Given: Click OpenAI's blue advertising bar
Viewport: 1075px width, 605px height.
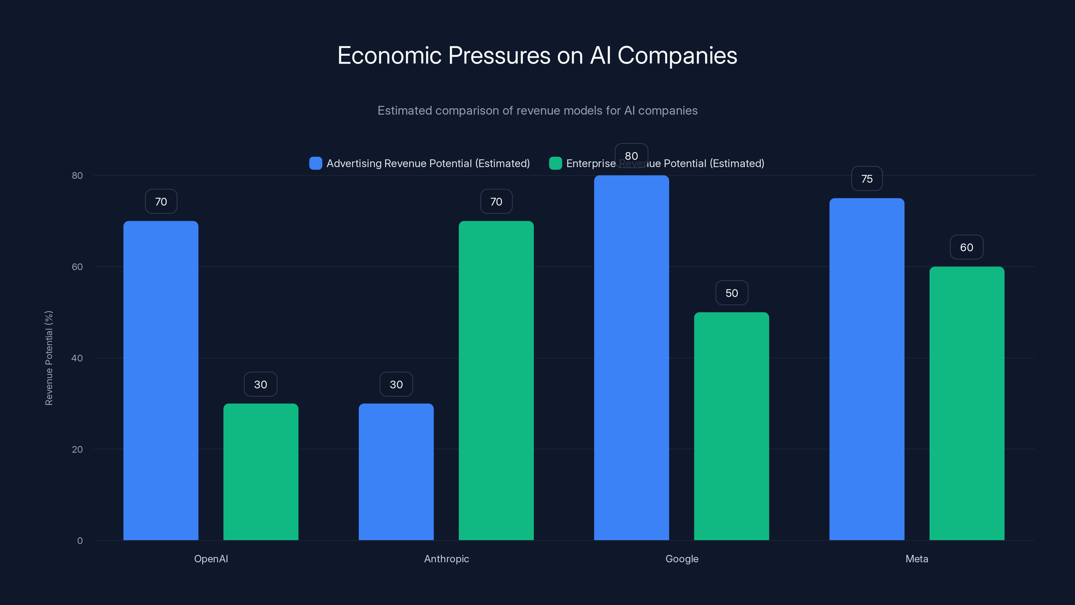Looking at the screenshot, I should (x=161, y=380).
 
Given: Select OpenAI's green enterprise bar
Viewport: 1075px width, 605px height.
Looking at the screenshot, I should (x=261, y=472).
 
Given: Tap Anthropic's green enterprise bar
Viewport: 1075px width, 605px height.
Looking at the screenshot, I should (x=496, y=380).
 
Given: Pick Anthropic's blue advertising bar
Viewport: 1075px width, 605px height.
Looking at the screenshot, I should (x=396, y=472).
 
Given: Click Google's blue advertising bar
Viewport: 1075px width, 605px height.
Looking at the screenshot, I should (x=632, y=359).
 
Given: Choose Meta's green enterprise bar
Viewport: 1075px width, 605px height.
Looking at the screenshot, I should (x=966, y=403).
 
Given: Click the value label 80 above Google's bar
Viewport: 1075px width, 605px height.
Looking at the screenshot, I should (x=632, y=156).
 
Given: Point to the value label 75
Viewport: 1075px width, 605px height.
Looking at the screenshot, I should (x=867, y=179).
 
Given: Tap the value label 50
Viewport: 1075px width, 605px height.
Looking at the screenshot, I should (x=732, y=293).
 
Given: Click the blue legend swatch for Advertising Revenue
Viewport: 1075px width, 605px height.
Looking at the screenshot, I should (x=315, y=163).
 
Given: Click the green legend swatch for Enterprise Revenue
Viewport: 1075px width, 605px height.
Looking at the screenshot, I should (x=555, y=163).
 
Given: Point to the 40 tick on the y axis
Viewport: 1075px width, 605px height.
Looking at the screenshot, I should (x=77, y=358).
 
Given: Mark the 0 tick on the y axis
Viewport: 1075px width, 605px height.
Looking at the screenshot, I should (x=80, y=541).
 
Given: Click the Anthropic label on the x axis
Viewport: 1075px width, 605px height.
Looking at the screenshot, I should (x=446, y=559).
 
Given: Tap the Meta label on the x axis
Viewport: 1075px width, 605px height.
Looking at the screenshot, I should (x=916, y=559).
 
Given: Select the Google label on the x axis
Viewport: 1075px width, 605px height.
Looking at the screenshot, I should (x=682, y=559).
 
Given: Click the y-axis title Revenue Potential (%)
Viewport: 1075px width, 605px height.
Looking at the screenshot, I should (x=49, y=358).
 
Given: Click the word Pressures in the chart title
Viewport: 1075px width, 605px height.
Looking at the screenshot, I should (x=499, y=55).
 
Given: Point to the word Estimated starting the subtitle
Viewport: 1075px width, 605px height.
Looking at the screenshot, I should (x=404, y=111).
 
